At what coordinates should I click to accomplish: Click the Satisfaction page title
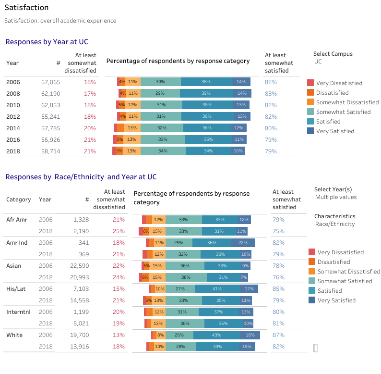click(x=26, y=8)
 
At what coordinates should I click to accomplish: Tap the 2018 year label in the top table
click(x=13, y=151)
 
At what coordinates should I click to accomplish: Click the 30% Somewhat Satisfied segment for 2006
click(x=160, y=82)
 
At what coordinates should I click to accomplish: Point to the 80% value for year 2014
click(x=271, y=128)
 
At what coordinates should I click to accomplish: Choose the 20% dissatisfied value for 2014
click(x=90, y=128)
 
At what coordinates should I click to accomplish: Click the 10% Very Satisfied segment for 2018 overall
click(x=238, y=151)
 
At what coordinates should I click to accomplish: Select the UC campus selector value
click(x=318, y=62)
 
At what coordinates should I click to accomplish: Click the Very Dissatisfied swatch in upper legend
click(x=310, y=83)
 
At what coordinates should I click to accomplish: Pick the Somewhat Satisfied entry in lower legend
click(x=344, y=281)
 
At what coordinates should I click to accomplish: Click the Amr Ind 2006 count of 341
click(x=80, y=243)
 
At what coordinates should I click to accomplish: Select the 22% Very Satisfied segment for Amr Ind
click(x=243, y=243)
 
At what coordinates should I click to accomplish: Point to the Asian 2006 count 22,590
click(x=77, y=266)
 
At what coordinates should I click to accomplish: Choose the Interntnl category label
click(x=18, y=312)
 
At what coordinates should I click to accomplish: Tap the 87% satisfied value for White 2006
click(x=278, y=335)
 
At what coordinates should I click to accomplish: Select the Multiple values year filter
click(x=336, y=198)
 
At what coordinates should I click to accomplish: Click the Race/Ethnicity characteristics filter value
click(x=335, y=224)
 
